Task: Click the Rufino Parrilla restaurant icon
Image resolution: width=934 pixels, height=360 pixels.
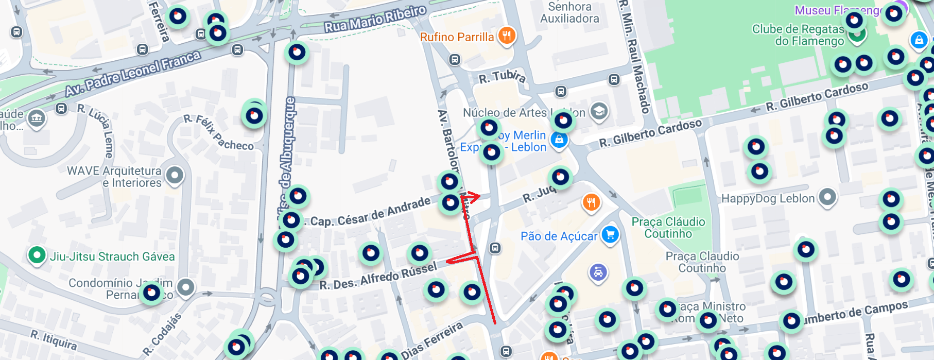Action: click(507, 36)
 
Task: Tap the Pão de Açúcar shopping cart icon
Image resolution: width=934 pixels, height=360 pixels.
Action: click(610, 235)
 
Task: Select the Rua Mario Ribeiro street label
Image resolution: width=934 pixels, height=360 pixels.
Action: click(375, 19)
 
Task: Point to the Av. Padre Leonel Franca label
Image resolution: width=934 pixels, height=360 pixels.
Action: click(132, 74)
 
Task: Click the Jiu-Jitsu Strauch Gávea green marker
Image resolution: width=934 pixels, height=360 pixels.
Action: click(37, 255)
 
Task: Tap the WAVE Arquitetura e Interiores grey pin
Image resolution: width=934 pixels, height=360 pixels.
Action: click(175, 176)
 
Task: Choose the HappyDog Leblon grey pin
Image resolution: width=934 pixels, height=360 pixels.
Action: click(827, 197)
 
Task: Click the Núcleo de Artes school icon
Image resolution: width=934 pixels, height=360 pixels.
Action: click(598, 111)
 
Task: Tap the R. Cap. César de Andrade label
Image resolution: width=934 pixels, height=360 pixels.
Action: click(370, 213)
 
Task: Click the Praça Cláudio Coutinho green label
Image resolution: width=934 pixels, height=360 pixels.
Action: click(668, 228)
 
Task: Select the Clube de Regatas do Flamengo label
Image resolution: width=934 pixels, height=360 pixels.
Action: click(798, 35)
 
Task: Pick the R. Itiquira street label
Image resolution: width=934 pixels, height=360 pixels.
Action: click(54, 340)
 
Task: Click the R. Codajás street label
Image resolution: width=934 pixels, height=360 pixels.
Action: click(162, 335)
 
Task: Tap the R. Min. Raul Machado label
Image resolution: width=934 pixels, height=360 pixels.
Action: click(635, 57)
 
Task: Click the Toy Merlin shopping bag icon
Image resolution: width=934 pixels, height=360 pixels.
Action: click(559, 140)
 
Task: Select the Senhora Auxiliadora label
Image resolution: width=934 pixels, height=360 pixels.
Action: click(569, 13)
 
